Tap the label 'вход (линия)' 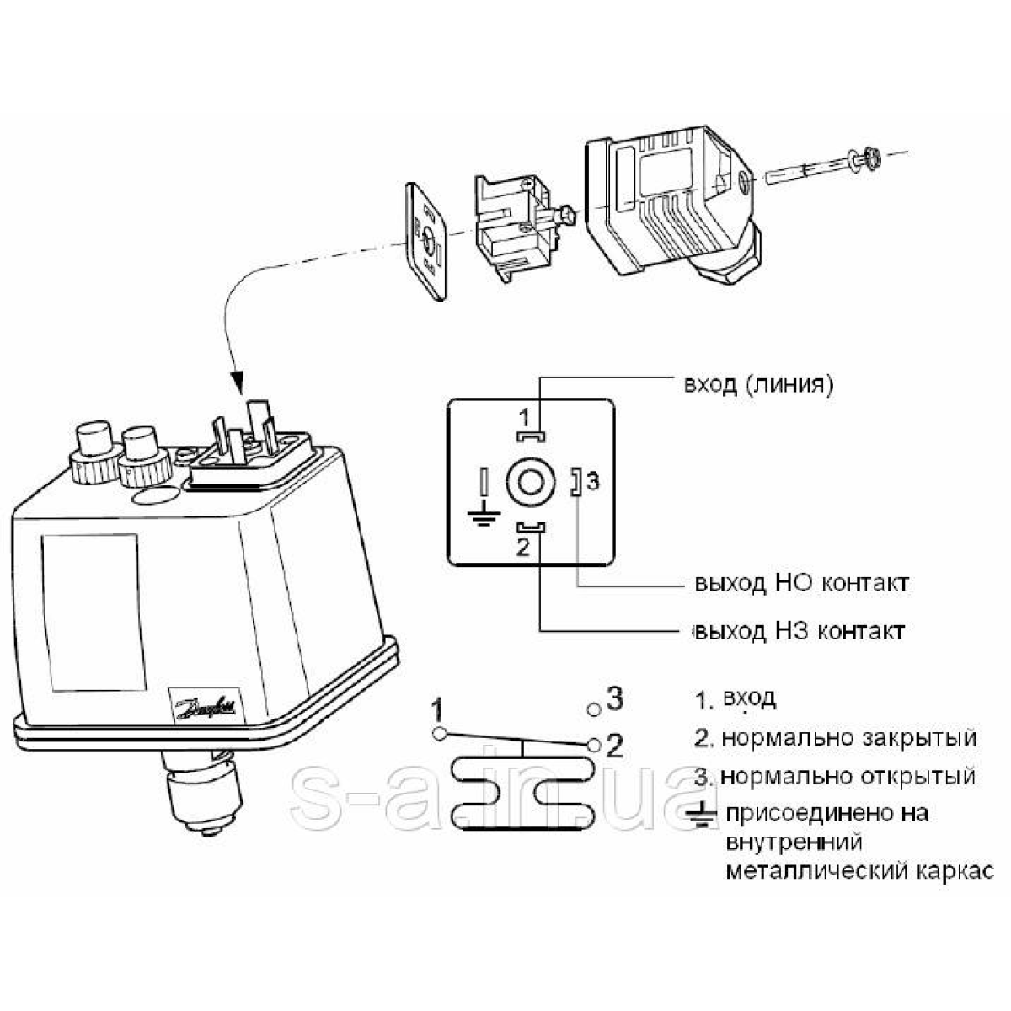tap(758, 385)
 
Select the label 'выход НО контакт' tap(801, 583)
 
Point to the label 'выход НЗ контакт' tap(799, 630)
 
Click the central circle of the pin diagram tap(530, 483)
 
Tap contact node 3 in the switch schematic tap(594, 709)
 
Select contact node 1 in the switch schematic tap(438, 733)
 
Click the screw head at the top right tap(870, 157)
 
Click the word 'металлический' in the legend tap(815, 869)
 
